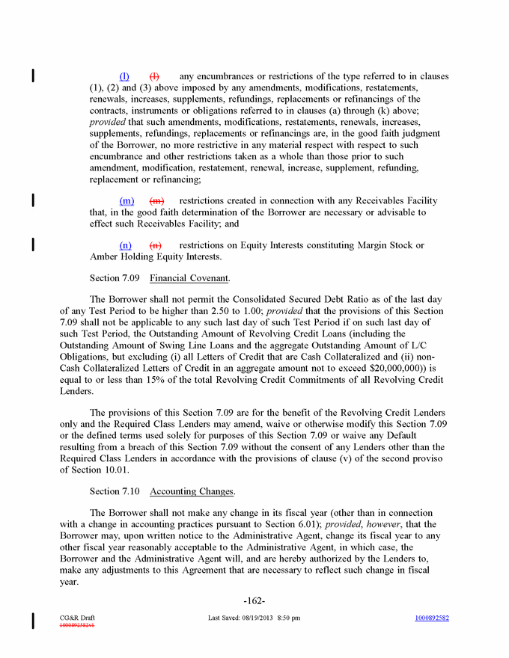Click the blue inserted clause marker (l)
tap(124, 77)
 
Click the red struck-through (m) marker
tap(157, 201)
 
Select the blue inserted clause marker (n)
tap(126, 245)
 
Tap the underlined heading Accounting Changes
tap(192, 491)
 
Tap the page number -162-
tap(254, 600)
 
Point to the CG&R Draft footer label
tap(77, 618)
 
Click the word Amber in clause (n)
tap(104, 256)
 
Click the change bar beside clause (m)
tap(32, 200)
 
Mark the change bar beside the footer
tap(32, 620)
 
